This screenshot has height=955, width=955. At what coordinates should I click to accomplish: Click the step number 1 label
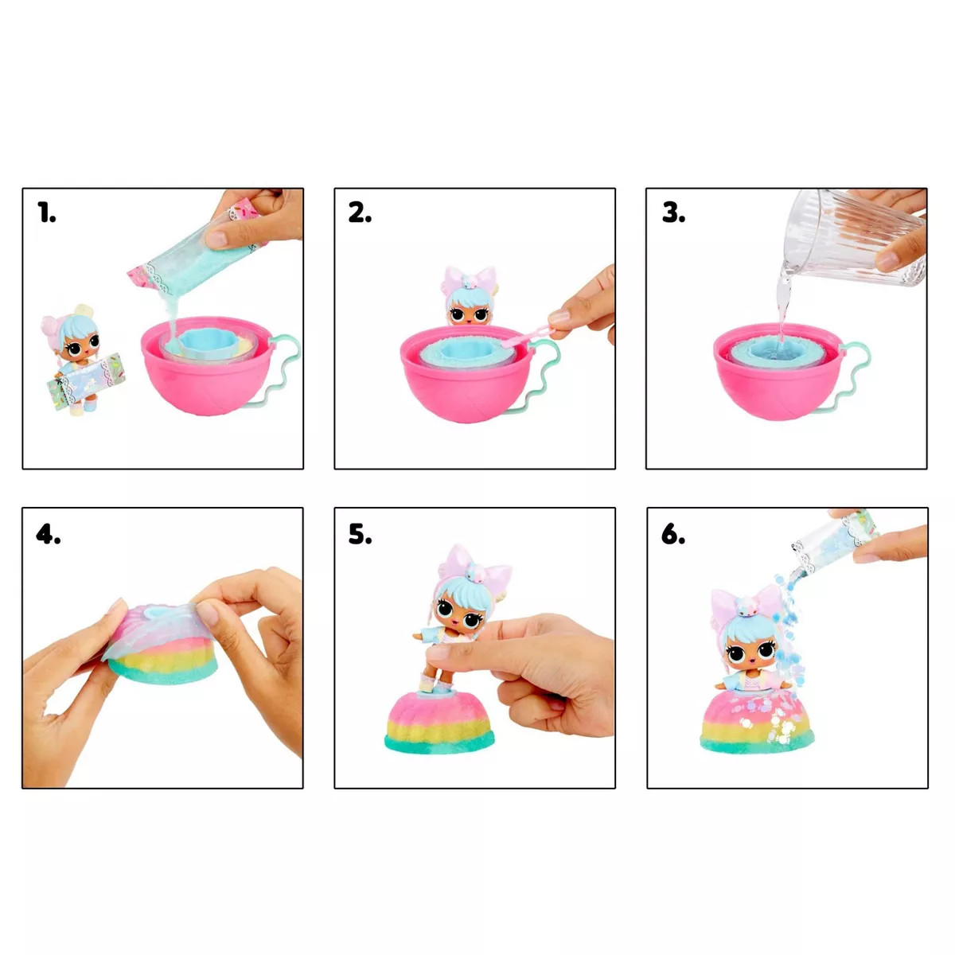pyautogui.click(x=47, y=213)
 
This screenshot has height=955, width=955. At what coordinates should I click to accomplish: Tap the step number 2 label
pyautogui.click(x=360, y=213)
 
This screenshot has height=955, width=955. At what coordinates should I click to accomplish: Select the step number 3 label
pyautogui.click(x=673, y=213)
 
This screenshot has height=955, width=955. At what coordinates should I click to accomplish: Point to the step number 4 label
pyautogui.click(x=48, y=535)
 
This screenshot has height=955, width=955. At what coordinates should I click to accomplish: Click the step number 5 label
pyautogui.click(x=360, y=535)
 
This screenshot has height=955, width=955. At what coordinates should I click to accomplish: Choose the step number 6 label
pyautogui.click(x=673, y=535)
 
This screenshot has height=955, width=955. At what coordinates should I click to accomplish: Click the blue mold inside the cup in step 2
pyautogui.click(x=462, y=350)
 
